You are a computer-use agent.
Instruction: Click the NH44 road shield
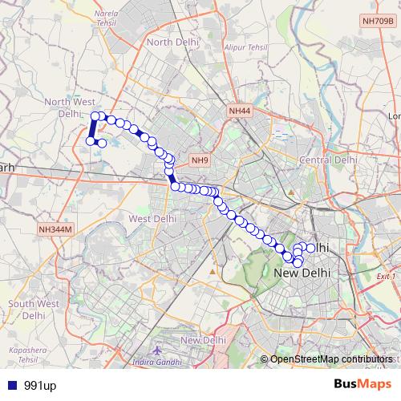point(239,111)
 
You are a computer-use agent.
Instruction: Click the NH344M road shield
point(55,229)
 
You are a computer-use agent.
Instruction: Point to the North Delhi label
point(171,42)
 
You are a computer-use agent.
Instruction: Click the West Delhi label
point(152,218)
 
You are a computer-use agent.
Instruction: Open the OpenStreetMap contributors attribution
point(329,359)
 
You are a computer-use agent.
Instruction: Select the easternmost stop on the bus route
point(311,248)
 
